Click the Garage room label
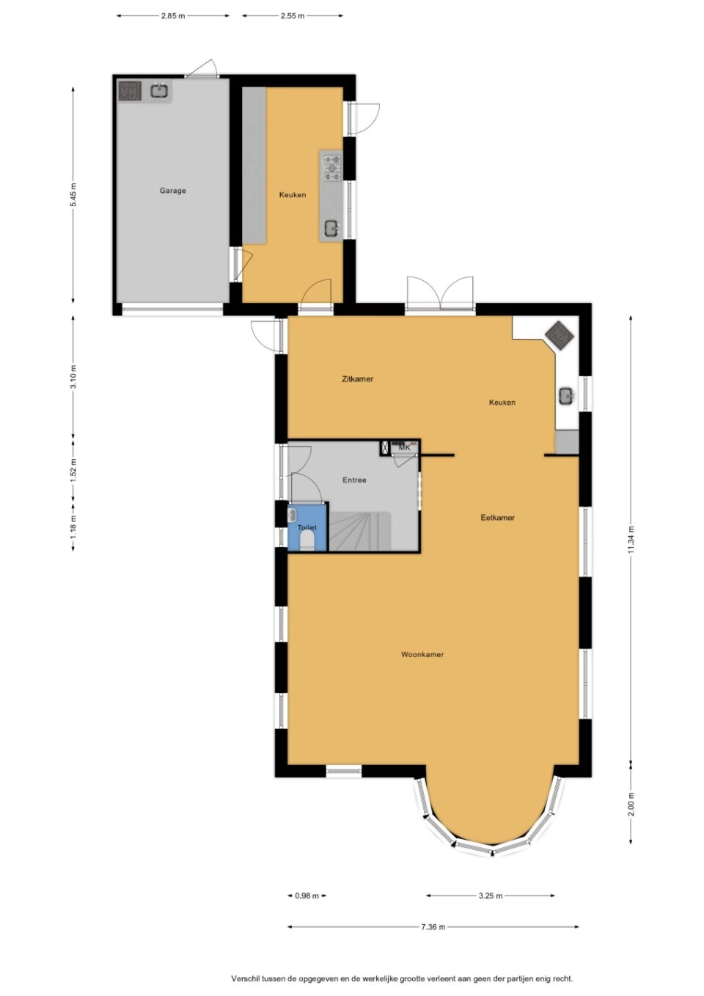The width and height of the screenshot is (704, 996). [172, 191]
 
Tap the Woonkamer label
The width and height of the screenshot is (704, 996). [422, 654]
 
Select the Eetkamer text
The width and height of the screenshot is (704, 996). [497, 518]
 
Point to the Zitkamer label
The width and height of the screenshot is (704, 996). [357, 379]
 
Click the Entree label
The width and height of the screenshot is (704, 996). [354, 480]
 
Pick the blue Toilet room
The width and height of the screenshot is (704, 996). [307, 527]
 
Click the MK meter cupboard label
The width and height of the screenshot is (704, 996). [405, 447]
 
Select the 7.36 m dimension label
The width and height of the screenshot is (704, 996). [433, 927]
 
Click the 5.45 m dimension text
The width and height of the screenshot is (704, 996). [73, 195]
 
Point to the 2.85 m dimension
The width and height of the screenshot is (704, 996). [173, 16]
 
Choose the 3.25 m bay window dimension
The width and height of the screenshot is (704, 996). [491, 896]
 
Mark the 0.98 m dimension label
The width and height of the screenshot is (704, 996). [307, 896]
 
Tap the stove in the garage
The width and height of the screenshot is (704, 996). [130, 91]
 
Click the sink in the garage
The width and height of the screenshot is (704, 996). [158, 91]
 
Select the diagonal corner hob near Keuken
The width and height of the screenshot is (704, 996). [560, 334]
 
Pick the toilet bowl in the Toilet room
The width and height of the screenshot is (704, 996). [307, 541]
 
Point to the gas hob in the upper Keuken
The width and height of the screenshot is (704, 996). [332, 168]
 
